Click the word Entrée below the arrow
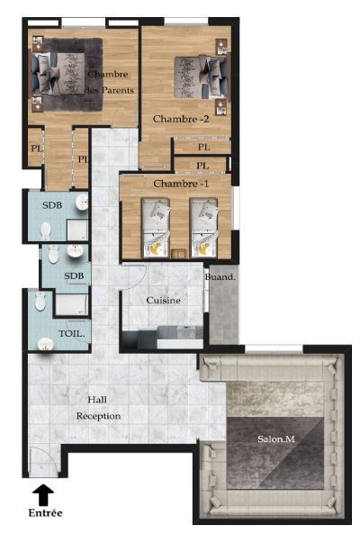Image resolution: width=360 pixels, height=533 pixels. pos(45,512)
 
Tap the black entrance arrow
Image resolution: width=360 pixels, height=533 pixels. pos(43,494)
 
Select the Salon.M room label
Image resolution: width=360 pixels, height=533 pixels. pos(276,438)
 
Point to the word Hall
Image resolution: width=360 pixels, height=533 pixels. pos(97,400)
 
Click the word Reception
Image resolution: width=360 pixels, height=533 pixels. pos(98,416)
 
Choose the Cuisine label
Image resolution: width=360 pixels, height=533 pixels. pos(163,300)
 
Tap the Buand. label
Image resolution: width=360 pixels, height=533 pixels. pos(220,277)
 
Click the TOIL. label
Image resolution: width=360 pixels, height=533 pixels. pos(72,333)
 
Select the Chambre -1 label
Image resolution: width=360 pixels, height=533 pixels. pos(181,184)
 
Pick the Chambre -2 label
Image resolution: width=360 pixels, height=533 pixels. pos(181,119)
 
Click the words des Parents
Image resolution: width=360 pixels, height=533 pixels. pos(109,90)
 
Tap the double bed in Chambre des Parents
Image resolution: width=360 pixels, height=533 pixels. pos(58,74)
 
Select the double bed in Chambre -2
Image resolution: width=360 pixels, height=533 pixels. pos(201,77)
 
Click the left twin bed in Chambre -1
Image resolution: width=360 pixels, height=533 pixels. pos(156,228)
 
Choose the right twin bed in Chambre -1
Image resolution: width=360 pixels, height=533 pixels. pos(203,228)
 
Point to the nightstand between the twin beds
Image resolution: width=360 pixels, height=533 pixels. pos(179,254)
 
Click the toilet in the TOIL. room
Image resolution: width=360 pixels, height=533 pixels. pos(40,302)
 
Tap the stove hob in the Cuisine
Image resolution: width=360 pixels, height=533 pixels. pos(186,331)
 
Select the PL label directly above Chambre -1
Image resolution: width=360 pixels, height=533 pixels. pos(202,166)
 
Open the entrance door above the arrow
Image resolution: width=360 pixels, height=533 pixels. pos(44,462)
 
